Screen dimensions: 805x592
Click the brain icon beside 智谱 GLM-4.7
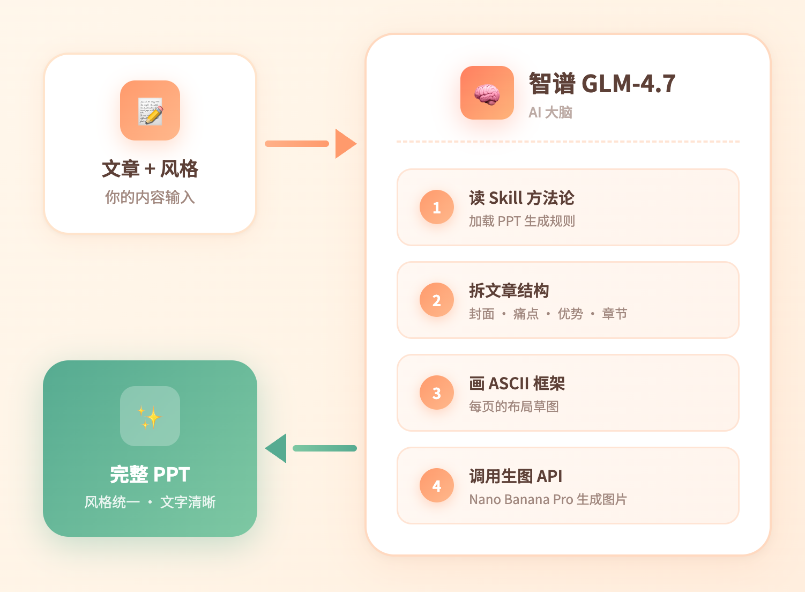[487, 93]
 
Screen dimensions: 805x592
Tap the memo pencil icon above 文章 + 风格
[150, 111]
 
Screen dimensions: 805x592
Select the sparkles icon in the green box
[150, 417]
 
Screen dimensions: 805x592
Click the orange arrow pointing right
[311, 143]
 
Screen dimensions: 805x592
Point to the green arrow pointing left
[311, 448]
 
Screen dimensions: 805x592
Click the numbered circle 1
[436, 208]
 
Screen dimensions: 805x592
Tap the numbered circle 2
[436, 300]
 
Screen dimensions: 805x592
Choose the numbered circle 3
[436, 393]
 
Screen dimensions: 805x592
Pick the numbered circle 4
[436, 486]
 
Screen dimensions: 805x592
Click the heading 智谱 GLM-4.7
[601, 84]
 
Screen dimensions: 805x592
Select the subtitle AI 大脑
[550, 113]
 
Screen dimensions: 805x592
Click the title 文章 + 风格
[150, 169]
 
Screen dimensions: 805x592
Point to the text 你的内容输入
[150, 197]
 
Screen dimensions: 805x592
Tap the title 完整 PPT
[150, 475]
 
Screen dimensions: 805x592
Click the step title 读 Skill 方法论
[521, 198]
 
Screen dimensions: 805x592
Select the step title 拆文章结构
[509, 291]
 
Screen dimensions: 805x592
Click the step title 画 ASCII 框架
[517, 383]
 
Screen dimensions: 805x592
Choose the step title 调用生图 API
[516, 476]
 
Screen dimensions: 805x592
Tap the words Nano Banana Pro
[521, 500]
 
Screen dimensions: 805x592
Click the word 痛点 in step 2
[526, 314]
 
